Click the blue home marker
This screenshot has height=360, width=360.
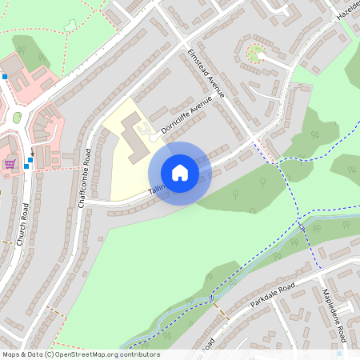pos(180,172)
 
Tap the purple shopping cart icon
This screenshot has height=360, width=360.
pos(10,163)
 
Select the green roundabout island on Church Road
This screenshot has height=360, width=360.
pos(17,118)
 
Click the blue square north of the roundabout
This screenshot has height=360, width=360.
pos(5,77)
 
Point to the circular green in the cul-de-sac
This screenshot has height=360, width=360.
pos(255,54)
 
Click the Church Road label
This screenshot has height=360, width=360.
pos(23,223)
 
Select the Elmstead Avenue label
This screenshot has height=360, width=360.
pos(206,74)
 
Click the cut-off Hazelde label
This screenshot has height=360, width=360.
pos(348,11)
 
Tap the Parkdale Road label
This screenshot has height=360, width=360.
pos(273,296)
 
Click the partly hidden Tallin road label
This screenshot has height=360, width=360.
pos(156,191)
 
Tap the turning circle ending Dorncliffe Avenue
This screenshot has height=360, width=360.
pos(153,138)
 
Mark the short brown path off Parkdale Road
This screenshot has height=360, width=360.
pos(222,313)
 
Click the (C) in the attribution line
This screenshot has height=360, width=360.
pos(49,354)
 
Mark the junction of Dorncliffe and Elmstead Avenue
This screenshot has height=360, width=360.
pos(218,97)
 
